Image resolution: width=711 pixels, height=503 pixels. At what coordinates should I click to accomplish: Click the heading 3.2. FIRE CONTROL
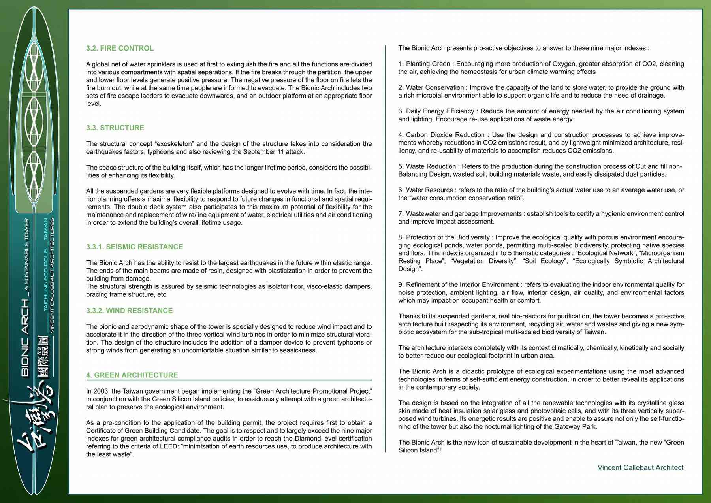coord(120,48)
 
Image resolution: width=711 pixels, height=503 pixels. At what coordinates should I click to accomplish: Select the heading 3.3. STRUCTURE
coord(115,128)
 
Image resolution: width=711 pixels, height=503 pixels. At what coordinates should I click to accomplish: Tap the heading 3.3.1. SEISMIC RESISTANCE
coord(134,247)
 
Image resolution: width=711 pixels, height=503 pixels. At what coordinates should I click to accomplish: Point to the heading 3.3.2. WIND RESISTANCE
coord(129,311)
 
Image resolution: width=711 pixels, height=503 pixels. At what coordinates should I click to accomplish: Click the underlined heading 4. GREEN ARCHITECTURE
coord(132,375)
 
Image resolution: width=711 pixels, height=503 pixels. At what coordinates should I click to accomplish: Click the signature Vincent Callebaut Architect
coord(640,467)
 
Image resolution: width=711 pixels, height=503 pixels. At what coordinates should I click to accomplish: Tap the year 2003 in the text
coord(100,391)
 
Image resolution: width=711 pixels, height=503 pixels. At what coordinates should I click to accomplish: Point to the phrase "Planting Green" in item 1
coord(428,64)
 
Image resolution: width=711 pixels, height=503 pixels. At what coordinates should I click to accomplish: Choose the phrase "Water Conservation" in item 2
coord(434,88)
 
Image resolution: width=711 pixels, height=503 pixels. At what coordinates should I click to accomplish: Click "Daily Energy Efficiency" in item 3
coord(440,111)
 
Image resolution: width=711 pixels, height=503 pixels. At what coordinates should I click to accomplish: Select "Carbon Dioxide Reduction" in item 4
coord(445,135)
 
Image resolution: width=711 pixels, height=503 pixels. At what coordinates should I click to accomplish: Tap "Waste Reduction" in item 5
coord(431,166)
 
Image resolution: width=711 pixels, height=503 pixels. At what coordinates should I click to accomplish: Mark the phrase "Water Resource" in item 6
coord(429,190)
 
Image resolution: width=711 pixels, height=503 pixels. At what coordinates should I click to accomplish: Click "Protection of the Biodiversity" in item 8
coord(448,237)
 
